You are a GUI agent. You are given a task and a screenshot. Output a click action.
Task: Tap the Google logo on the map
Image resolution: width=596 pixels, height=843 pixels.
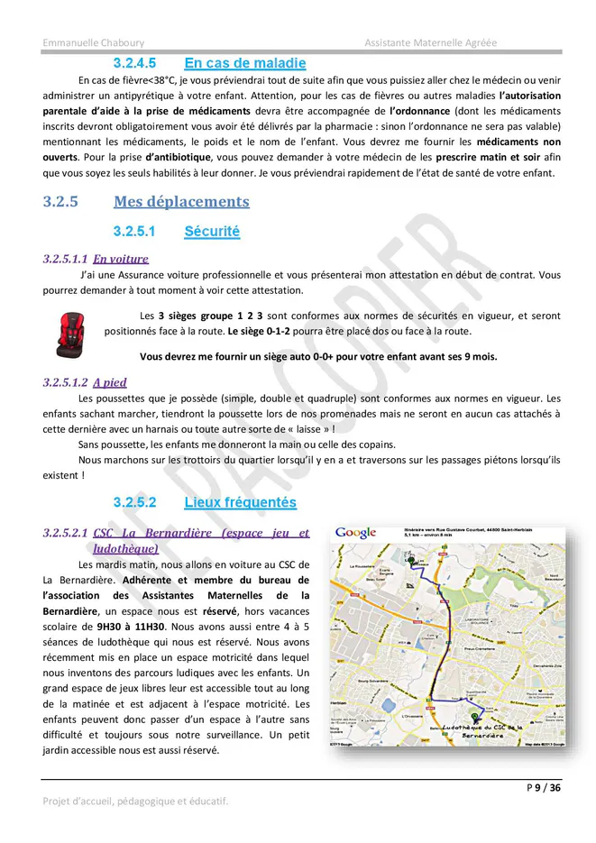(x=355, y=532)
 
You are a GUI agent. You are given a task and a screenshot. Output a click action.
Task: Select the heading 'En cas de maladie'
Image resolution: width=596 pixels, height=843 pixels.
(x=244, y=63)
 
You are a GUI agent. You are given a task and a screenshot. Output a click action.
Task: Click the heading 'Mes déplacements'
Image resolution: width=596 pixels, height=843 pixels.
(x=181, y=201)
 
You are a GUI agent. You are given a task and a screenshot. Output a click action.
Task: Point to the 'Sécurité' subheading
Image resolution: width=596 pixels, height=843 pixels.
(x=212, y=232)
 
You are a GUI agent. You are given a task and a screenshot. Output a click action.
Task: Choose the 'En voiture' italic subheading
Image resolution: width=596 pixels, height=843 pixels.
(x=121, y=259)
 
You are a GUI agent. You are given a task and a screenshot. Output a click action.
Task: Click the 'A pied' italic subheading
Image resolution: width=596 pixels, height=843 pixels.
(x=110, y=382)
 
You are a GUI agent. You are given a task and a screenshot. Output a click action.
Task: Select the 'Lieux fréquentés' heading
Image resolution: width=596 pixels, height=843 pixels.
(x=240, y=501)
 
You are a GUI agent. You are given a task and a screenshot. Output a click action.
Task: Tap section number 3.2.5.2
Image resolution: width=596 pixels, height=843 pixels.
(x=134, y=501)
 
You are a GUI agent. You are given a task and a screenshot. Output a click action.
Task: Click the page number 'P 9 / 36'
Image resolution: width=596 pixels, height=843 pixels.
(x=544, y=788)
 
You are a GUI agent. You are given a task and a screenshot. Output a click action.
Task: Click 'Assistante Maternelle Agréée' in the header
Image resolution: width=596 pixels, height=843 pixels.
(x=430, y=43)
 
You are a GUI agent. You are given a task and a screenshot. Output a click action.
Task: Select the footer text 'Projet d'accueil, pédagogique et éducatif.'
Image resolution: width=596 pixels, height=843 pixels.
(x=135, y=801)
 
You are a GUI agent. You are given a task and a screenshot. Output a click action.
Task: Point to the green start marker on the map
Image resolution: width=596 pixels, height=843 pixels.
(x=410, y=561)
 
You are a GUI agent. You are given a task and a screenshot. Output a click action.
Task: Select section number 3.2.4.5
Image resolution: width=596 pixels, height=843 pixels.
(x=134, y=63)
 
